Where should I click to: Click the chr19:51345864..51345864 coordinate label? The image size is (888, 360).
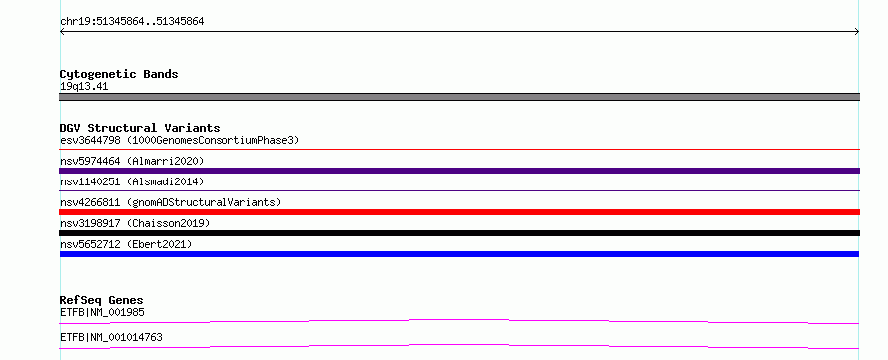(132, 22)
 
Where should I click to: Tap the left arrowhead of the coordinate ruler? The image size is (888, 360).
(61, 32)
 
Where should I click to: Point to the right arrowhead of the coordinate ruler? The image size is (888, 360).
(857, 32)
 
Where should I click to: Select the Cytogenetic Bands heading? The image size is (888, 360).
(119, 74)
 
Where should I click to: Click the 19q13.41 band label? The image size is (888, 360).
(84, 87)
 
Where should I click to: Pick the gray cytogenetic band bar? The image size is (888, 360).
(459, 97)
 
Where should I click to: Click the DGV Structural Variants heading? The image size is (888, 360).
(140, 128)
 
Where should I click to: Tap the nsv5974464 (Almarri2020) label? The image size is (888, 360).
(132, 161)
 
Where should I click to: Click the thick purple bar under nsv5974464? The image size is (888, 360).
(459, 171)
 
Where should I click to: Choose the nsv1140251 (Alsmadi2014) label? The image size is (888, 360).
(132, 181)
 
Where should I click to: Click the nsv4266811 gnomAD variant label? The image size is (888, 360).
(171, 202)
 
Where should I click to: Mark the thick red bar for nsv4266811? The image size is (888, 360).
(459, 212)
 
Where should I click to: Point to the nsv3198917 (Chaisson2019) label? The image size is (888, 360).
(135, 223)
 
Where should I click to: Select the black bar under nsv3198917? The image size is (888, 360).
(459, 233)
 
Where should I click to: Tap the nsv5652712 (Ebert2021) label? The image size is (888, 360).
(126, 244)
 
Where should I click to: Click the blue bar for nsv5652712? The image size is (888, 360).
(459, 254)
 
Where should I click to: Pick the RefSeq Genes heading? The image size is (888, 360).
(102, 300)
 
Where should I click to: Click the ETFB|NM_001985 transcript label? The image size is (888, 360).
(102, 312)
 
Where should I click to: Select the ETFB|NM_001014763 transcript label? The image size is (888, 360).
(111, 337)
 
